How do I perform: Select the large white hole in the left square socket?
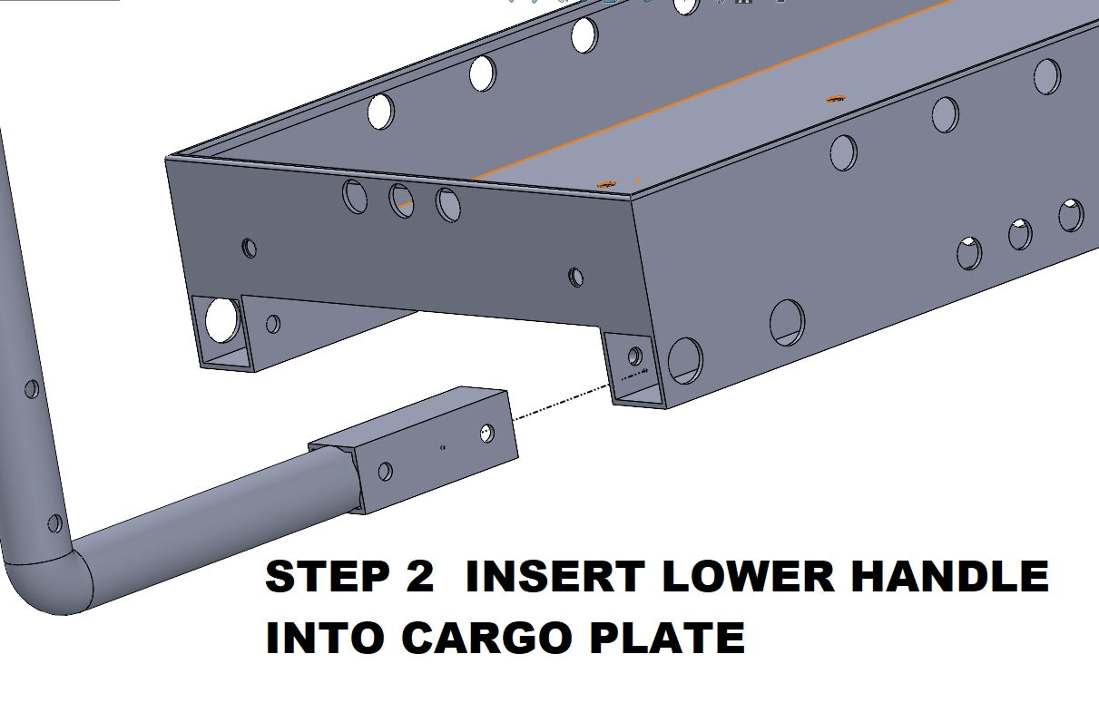(x=222, y=320)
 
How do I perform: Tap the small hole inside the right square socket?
(x=635, y=356)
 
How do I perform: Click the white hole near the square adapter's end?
(x=487, y=434)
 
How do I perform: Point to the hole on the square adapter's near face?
(x=386, y=471)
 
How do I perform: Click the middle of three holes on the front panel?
(x=401, y=200)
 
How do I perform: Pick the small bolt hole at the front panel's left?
(x=250, y=248)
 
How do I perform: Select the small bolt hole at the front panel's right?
(x=576, y=277)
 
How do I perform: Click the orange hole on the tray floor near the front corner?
(x=606, y=184)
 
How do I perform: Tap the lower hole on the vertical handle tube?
(x=55, y=523)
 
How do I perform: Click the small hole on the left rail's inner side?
(x=273, y=324)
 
